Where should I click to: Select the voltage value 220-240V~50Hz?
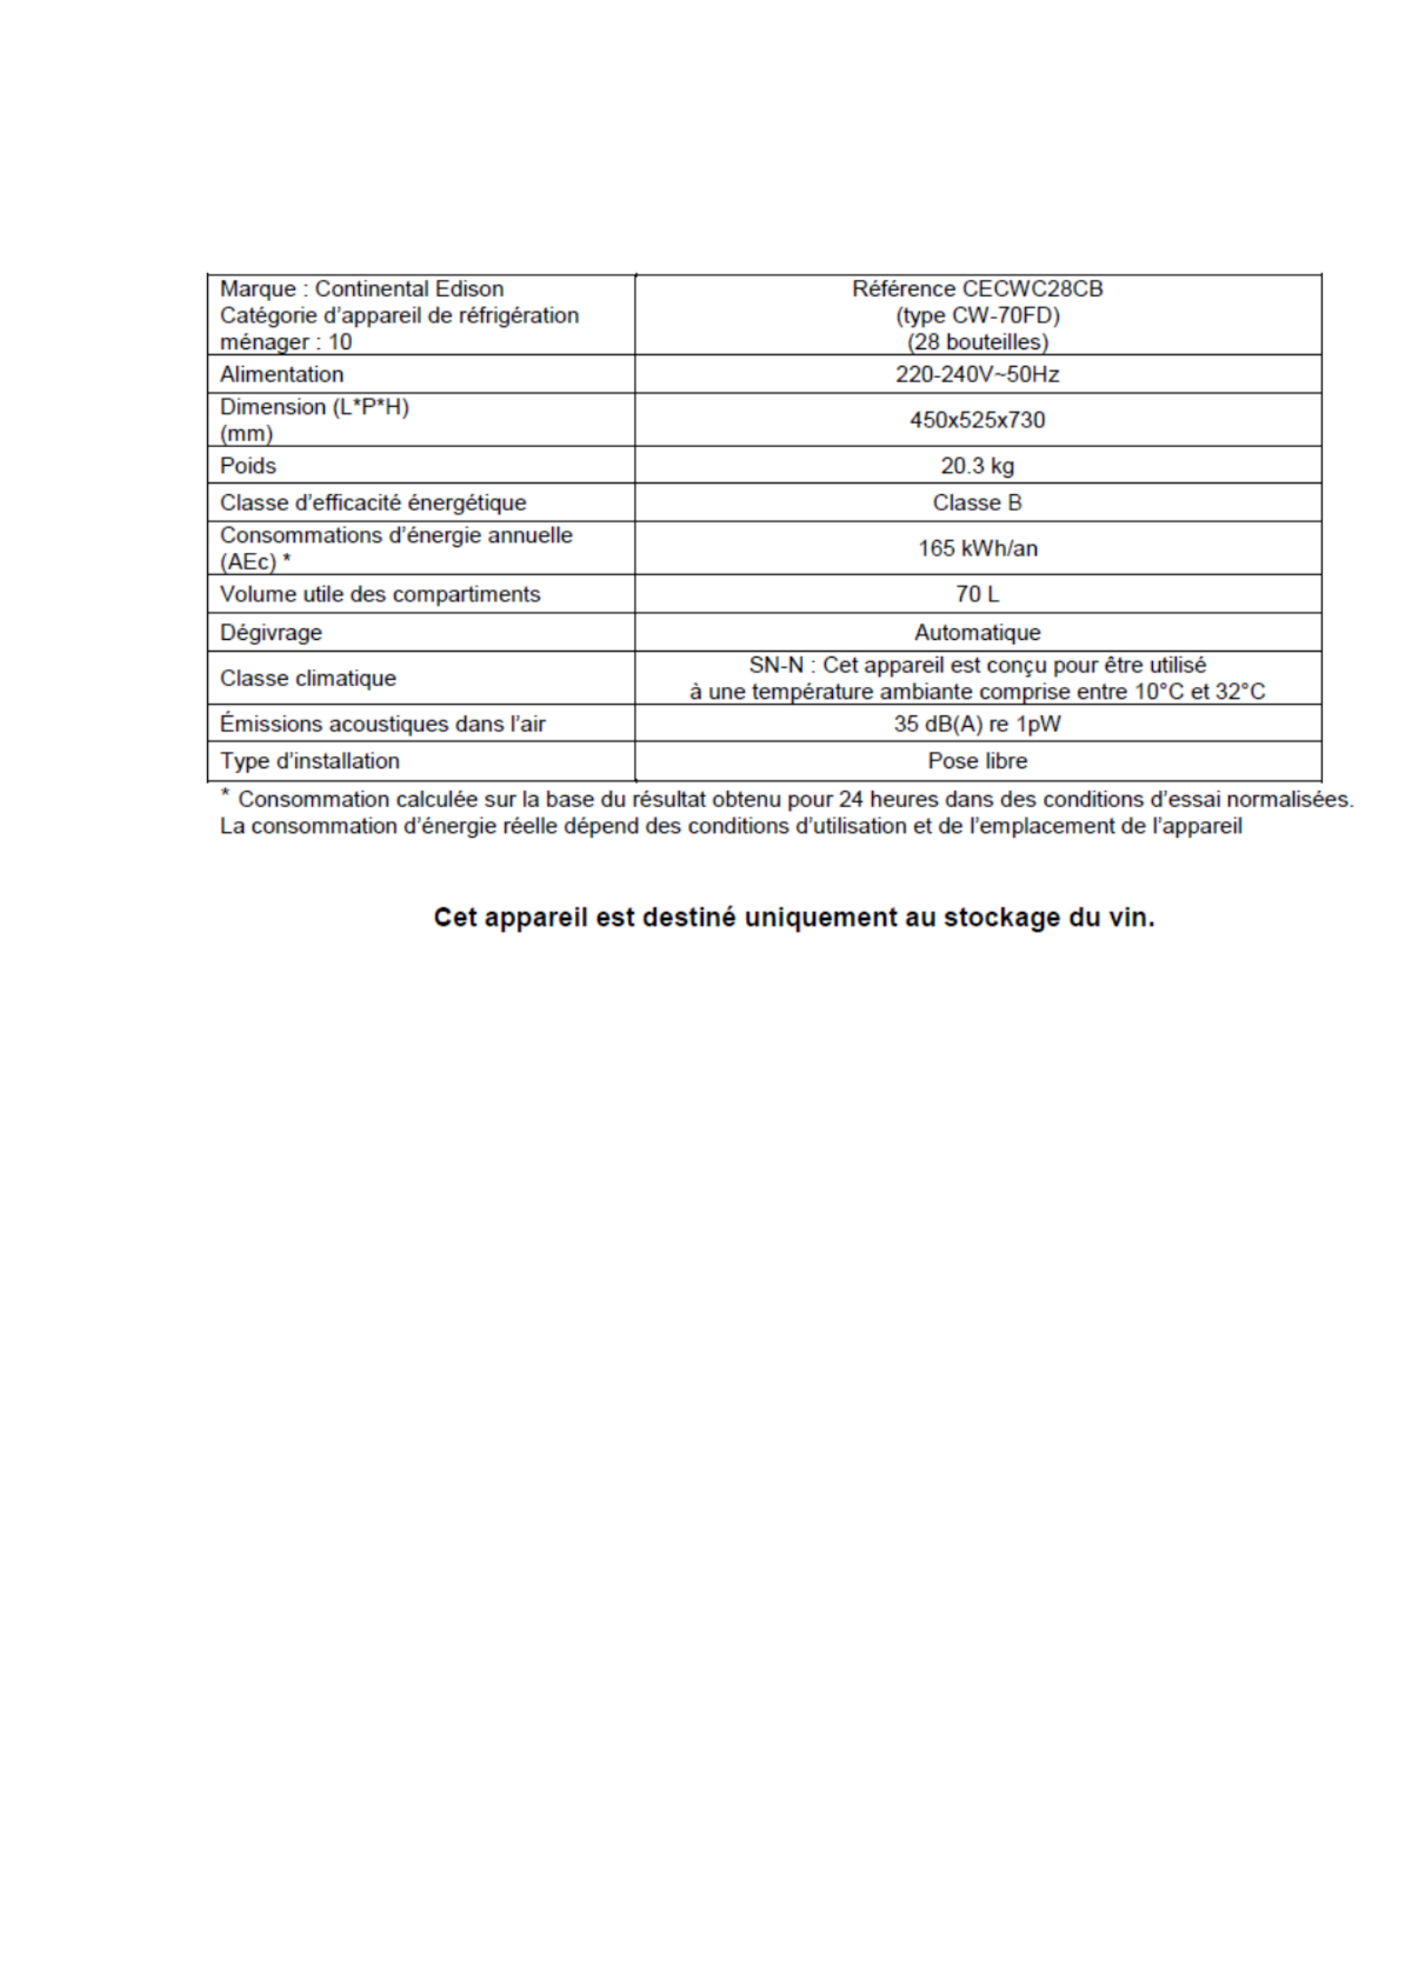[977, 374]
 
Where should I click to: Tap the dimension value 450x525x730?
[977, 419]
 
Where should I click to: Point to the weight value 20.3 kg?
[977, 466]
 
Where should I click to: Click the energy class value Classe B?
[977, 502]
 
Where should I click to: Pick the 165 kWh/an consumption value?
[977, 547]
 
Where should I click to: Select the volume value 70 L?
[977, 594]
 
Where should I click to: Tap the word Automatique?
[977, 632]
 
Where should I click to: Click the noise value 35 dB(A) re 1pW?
[977, 723]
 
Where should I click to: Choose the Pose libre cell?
[977, 761]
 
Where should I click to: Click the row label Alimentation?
[281, 374]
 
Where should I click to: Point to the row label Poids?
[248, 466]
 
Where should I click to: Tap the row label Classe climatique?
[308, 678]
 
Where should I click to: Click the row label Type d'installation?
[309, 761]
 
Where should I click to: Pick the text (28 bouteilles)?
[977, 342]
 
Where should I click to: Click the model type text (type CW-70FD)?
[977, 316]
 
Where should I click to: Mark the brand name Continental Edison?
[409, 289]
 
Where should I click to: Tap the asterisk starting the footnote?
[226, 794]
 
